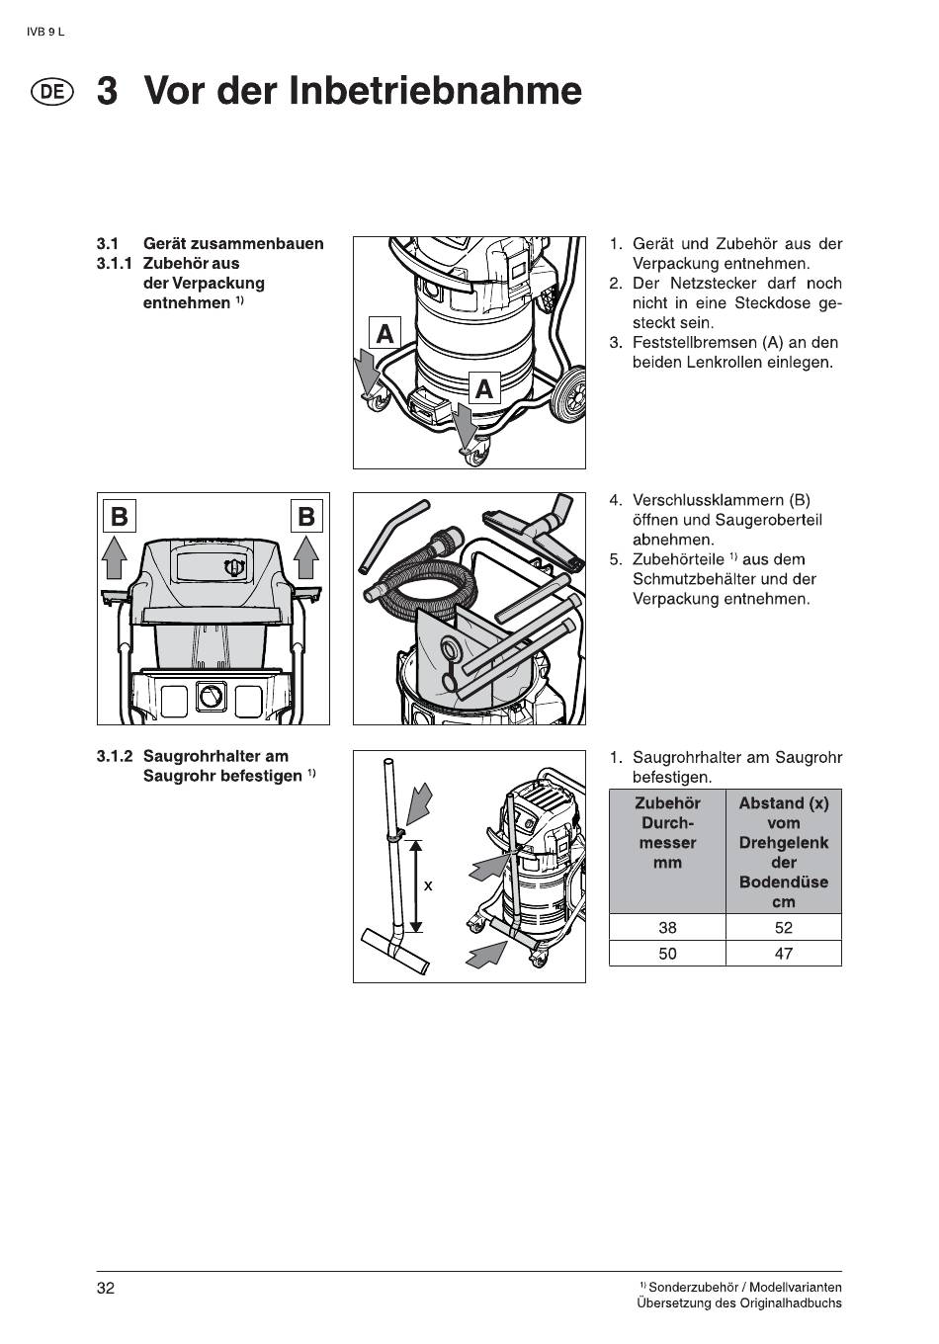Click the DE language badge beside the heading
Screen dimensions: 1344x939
(x=52, y=92)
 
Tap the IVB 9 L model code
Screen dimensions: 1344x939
(x=45, y=32)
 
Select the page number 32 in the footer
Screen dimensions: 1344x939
(x=106, y=1288)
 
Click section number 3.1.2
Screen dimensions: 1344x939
(x=115, y=756)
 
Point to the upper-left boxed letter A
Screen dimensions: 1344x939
(x=384, y=333)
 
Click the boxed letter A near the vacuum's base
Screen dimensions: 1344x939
(x=483, y=388)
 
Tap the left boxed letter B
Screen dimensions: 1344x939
(x=119, y=516)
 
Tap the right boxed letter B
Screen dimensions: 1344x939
(x=306, y=516)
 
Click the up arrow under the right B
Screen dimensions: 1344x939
(x=306, y=557)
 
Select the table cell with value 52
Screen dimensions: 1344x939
(x=784, y=927)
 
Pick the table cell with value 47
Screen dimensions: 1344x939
(x=784, y=954)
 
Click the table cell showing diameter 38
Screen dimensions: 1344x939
(x=667, y=927)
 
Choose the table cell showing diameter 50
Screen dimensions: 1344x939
(x=667, y=954)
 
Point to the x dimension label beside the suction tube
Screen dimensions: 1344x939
(x=428, y=886)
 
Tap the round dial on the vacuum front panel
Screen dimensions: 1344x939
(x=211, y=697)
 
